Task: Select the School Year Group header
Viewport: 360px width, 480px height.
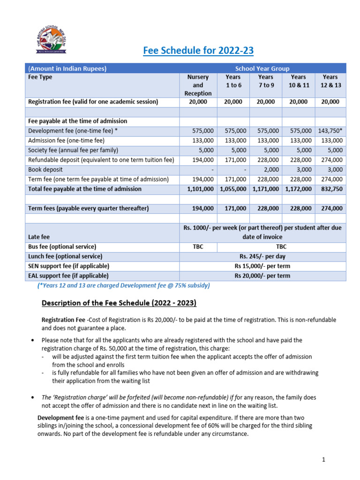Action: coord(262,68)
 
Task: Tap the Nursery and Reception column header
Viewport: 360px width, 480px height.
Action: coord(198,85)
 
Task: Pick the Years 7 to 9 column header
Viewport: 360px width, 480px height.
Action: coord(265,81)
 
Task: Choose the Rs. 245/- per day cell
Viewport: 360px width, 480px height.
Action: coord(262,256)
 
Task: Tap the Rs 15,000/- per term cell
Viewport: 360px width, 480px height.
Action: coord(262,266)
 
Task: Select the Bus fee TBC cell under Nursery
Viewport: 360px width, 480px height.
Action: coord(198,247)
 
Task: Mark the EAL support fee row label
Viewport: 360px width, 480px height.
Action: coord(68,276)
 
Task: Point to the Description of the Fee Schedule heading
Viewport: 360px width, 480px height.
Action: coord(119,303)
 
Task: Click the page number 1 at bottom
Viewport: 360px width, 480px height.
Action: coord(323,460)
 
